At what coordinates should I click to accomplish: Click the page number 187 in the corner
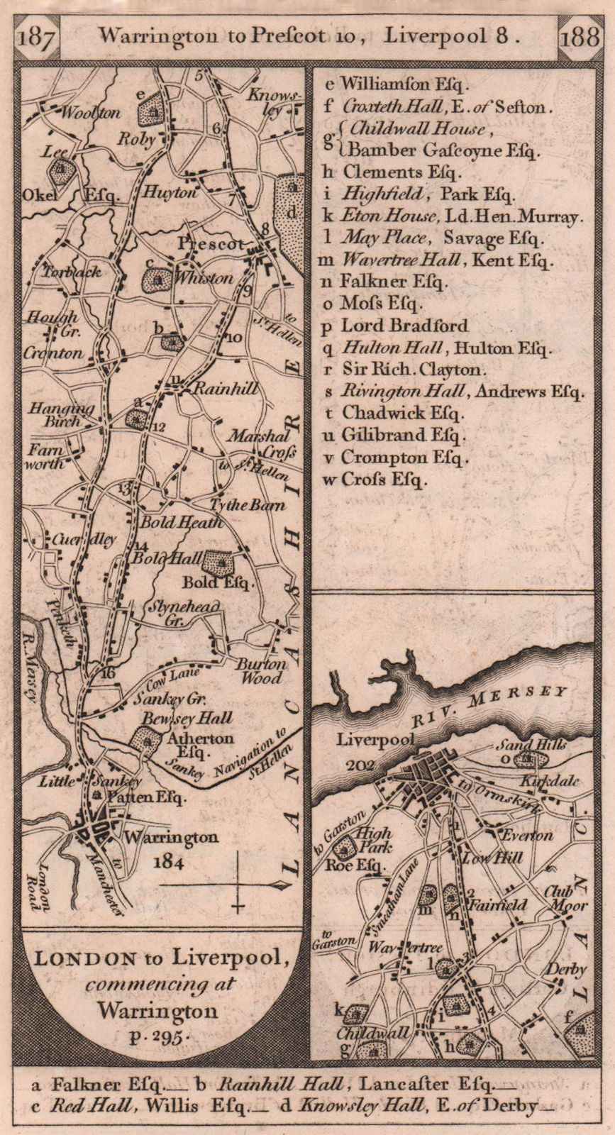pos(35,36)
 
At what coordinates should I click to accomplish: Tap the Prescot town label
pos(209,244)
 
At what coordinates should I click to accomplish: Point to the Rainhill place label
pos(224,389)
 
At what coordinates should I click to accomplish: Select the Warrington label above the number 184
pos(171,837)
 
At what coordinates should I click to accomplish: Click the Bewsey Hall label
pos(187,719)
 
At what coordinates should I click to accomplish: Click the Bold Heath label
pos(181,523)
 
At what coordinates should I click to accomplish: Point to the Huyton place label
pos(169,192)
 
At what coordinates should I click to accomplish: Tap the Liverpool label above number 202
pos(375,740)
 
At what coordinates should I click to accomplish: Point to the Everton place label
pos(525,835)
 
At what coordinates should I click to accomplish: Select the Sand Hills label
pos(541,745)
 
